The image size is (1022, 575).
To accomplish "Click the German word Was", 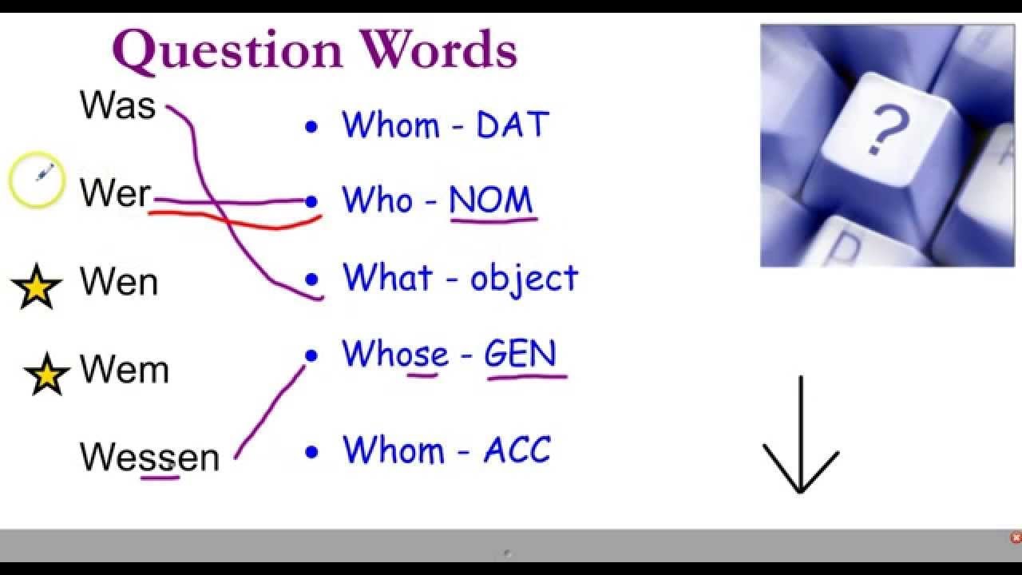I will (x=117, y=105).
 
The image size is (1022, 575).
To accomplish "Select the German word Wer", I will (x=115, y=193).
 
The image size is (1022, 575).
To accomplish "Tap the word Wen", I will (x=119, y=282).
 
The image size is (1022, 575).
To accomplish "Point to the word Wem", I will (x=124, y=370).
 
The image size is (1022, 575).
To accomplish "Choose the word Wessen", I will (x=149, y=457).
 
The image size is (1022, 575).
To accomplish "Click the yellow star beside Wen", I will (x=36, y=287).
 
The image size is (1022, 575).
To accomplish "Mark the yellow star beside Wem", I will (x=47, y=374).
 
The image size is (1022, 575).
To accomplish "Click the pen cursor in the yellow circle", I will (x=44, y=172).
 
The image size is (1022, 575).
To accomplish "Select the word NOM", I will (x=490, y=200).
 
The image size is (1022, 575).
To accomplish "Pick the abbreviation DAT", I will (x=513, y=125).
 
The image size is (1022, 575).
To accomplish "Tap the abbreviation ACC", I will (x=517, y=450).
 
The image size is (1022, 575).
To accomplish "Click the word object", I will (x=524, y=279).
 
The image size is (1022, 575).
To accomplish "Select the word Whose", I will (x=395, y=355).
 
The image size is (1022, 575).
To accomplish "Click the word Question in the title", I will (x=228, y=51).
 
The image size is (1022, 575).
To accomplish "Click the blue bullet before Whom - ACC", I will (x=311, y=452).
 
